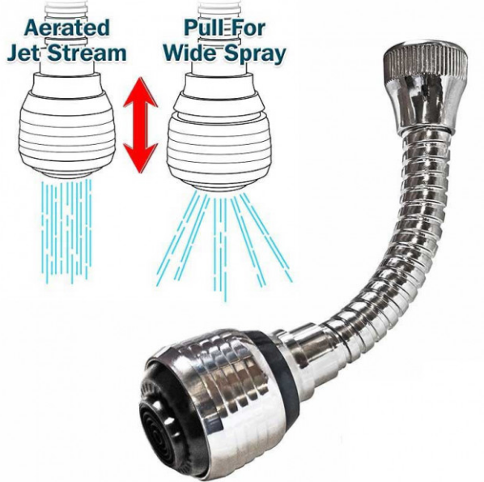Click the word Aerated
66,28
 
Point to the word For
248,28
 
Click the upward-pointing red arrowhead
141,92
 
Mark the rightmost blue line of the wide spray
266,237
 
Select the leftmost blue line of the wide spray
176,238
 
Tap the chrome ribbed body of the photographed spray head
223,399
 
